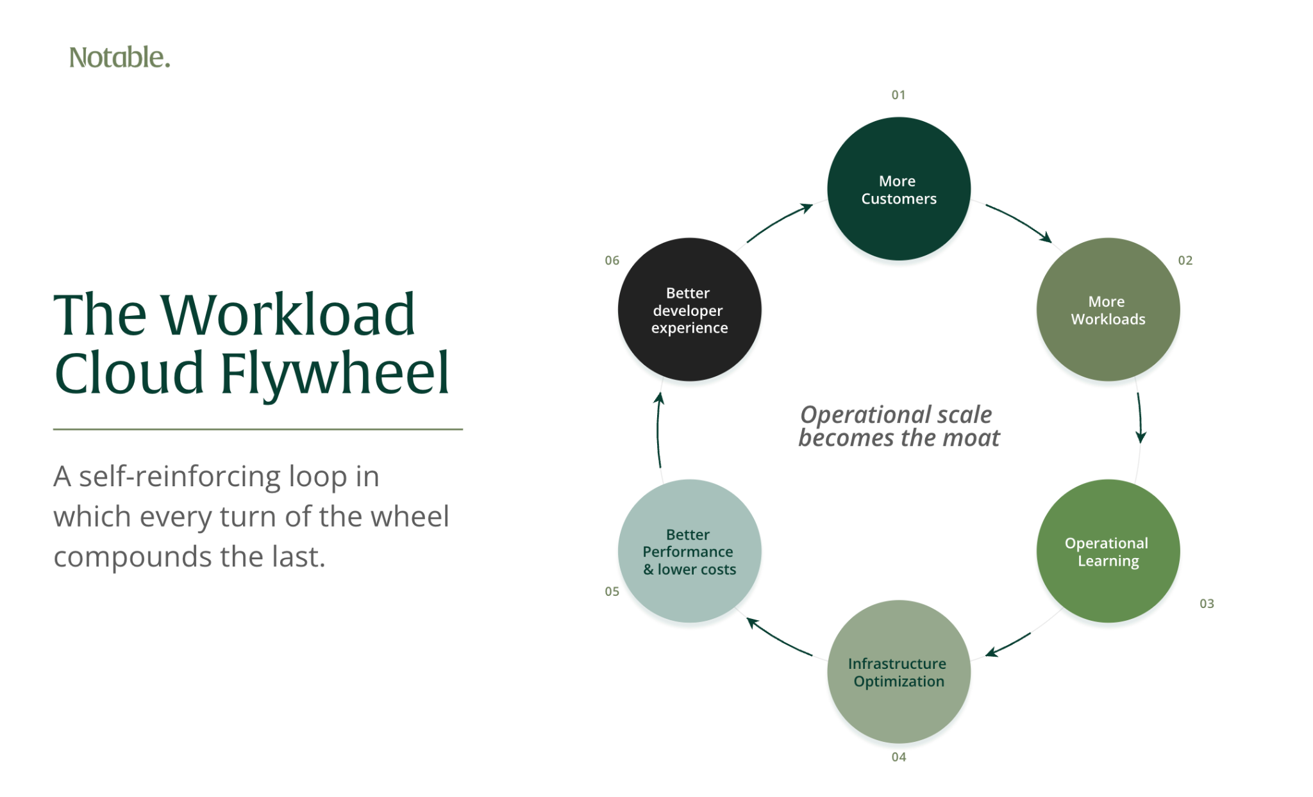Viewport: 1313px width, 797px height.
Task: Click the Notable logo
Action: [x=119, y=57]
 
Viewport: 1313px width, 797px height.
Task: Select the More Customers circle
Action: [x=898, y=189]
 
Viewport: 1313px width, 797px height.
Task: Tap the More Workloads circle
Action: [x=1108, y=309]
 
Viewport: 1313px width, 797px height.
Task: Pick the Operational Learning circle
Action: [x=1108, y=551]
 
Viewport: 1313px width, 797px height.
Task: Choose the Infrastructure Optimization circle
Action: [x=898, y=671]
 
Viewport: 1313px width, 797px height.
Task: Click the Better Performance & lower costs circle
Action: [x=689, y=551]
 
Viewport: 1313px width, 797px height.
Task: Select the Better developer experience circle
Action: [x=689, y=309]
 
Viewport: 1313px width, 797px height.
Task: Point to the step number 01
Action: [x=898, y=95]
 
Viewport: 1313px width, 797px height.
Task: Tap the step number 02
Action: [x=1185, y=260]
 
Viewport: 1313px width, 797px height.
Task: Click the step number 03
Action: [x=1207, y=604]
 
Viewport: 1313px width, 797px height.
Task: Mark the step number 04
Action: [x=898, y=757]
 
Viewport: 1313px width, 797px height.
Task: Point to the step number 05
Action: [x=612, y=591]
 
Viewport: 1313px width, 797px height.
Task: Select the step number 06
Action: [x=612, y=260]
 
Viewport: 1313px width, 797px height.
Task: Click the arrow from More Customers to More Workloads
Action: [x=1021, y=220]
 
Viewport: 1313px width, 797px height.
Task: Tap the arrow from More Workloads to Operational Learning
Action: [x=1141, y=417]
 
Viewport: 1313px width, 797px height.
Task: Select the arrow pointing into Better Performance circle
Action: [x=778, y=638]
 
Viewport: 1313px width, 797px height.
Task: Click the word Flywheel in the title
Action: [x=335, y=375]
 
